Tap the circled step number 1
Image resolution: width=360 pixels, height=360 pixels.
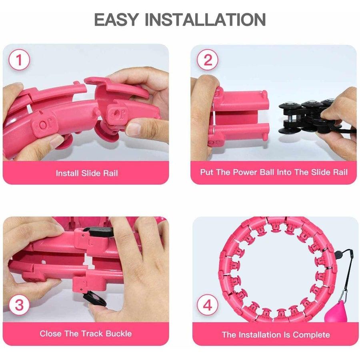pos(19,60)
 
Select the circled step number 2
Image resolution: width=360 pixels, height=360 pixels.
pos(208,60)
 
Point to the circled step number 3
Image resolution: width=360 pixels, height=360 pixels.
pos(19,305)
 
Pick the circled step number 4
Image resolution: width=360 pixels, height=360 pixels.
pos(208,305)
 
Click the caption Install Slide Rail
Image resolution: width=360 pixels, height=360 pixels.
pos(87,173)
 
